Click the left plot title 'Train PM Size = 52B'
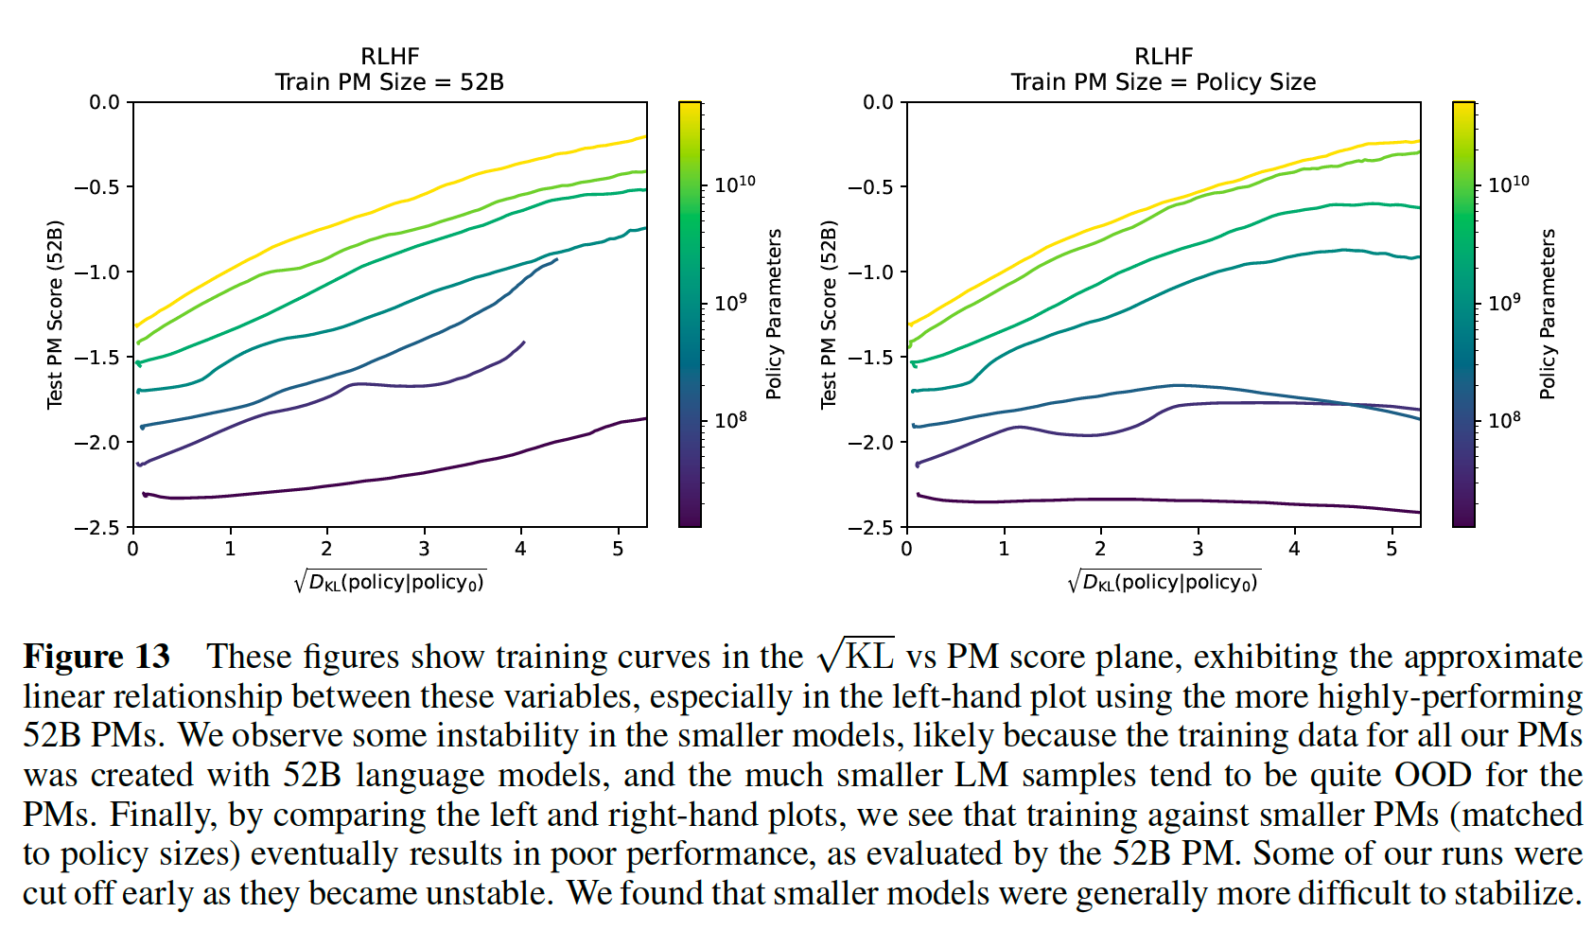(x=389, y=82)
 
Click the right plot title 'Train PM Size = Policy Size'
(x=1163, y=82)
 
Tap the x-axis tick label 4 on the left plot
(x=521, y=550)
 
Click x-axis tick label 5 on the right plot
(x=1392, y=550)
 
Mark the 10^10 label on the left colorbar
(x=734, y=184)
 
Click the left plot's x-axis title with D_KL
(x=389, y=582)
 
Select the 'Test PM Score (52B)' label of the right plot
(x=830, y=314)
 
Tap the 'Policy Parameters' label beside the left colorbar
(x=774, y=314)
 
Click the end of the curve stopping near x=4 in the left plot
(x=523, y=342)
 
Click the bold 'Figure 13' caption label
(x=96, y=657)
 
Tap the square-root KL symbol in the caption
(x=856, y=655)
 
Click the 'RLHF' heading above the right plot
(x=1163, y=57)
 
